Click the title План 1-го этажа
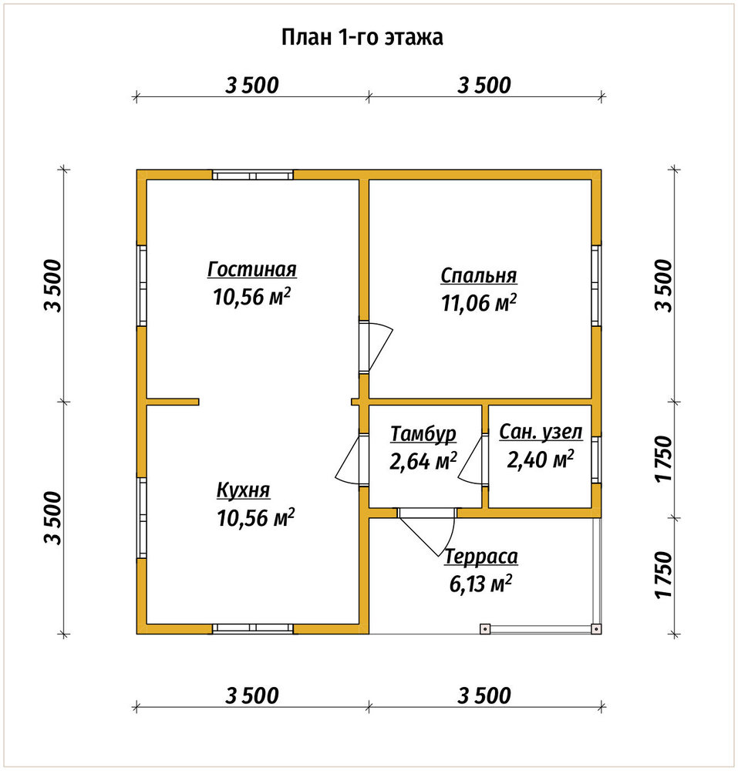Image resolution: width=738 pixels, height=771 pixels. [362, 37]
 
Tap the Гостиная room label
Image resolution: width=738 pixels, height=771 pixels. [251, 269]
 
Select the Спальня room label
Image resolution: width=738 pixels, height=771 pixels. [478, 276]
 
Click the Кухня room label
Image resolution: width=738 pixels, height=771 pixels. [244, 490]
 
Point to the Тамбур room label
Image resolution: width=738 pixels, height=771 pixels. [423, 434]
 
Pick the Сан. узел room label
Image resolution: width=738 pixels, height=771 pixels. [541, 433]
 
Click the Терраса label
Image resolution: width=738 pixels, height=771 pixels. [481, 557]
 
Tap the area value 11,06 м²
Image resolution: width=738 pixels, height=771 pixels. [478, 303]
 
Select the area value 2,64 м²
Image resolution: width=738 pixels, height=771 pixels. [423, 461]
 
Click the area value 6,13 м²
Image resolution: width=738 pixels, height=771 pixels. [480, 584]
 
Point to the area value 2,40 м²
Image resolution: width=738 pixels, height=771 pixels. [541, 460]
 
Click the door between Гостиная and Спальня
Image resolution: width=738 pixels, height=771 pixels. [376, 347]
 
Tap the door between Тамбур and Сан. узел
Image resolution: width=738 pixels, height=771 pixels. [472, 460]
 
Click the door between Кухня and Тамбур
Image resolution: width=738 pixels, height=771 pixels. [352, 460]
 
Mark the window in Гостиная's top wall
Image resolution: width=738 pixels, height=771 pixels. [253, 175]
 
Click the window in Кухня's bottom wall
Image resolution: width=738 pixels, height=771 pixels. [253, 628]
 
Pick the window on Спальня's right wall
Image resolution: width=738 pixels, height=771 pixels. [596, 285]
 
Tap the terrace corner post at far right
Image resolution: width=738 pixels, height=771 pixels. [596, 628]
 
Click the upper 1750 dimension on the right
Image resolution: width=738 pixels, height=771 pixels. [663, 460]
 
